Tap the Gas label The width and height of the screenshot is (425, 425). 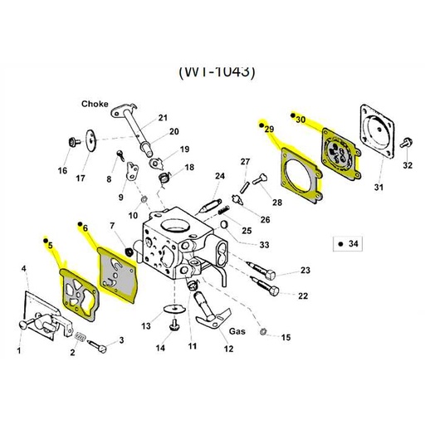(238, 330)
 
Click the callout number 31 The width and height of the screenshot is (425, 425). (378, 188)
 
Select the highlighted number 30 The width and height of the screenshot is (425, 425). (300, 120)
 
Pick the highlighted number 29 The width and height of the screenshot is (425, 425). (268, 129)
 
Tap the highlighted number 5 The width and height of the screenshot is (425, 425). (49, 245)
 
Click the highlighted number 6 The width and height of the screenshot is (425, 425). (83, 227)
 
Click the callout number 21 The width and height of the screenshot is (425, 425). (163, 117)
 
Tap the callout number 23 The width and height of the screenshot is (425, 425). (305, 271)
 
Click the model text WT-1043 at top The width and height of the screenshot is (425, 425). (217, 71)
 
